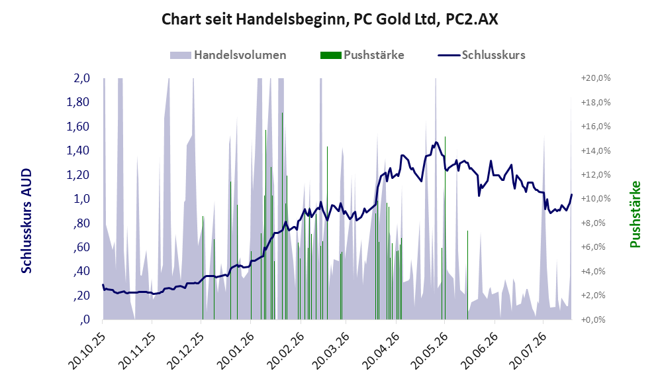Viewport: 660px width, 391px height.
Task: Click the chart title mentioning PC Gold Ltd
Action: coord(330,19)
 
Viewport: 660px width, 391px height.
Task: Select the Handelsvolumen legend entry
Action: coord(228,55)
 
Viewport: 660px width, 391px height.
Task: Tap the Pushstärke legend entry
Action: coord(362,55)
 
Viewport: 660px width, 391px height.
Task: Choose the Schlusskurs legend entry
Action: coord(481,55)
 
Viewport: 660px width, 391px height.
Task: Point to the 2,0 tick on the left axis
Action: coord(81,78)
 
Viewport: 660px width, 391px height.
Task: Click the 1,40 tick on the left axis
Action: coord(78,150)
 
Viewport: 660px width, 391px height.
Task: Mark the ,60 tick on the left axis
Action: coord(82,247)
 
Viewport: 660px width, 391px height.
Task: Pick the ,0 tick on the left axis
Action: coord(85,319)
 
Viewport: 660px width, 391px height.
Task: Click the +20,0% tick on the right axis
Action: coord(596,78)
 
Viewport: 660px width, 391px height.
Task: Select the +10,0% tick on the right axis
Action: coord(596,198)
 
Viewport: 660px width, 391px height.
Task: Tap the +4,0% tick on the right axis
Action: coord(594,271)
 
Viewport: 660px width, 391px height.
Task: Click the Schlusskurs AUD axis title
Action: coord(26,221)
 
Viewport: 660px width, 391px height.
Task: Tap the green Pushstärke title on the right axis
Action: coord(635,214)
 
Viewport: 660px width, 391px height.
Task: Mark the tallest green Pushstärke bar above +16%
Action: coord(282,216)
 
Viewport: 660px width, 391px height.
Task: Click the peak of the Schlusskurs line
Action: coord(436,142)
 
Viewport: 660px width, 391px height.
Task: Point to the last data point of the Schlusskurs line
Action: coord(571,194)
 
